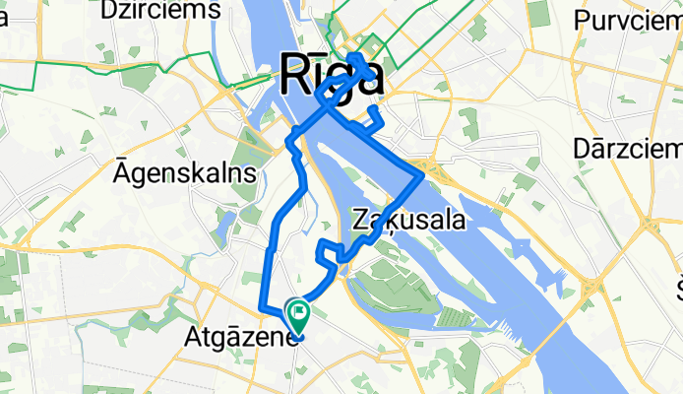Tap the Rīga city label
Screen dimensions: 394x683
[332, 75]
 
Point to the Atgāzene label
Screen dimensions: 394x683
[241, 339]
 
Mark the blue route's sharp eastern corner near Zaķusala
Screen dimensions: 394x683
[423, 175]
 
